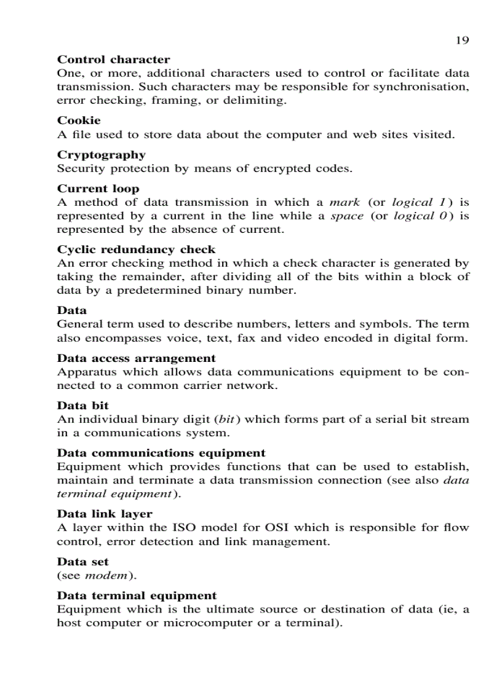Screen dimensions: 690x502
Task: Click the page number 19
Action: (462, 41)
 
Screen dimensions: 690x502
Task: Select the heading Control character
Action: (113, 60)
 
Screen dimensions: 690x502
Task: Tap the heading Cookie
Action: (79, 120)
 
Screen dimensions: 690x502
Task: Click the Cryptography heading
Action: (102, 155)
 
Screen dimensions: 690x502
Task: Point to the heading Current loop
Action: (98, 189)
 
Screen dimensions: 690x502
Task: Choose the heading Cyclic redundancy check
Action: (136, 249)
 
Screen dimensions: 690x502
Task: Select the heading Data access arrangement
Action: (136, 358)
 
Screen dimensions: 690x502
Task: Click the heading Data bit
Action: (82, 406)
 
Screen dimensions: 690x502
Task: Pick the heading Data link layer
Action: (105, 514)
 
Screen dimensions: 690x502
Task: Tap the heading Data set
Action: (82, 562)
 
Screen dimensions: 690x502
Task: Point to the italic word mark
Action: (345, 202)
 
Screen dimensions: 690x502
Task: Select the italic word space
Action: (347, 216)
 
